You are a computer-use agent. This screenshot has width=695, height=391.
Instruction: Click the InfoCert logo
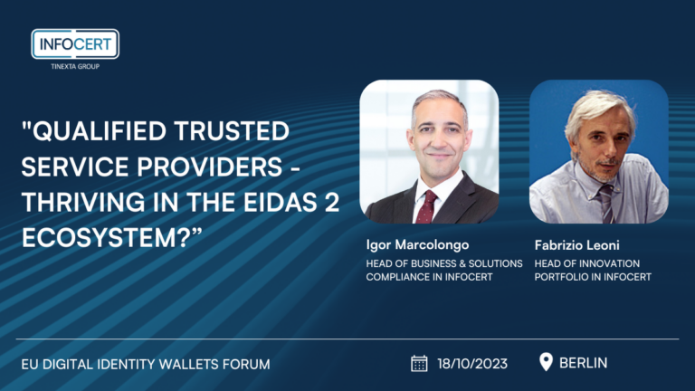tap(75, 43)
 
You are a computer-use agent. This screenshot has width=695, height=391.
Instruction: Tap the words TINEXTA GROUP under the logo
tap(75, 66)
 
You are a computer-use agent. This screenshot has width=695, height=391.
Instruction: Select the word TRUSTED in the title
tap(232, 131)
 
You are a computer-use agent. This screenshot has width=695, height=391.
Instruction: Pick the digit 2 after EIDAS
tap(331, 202)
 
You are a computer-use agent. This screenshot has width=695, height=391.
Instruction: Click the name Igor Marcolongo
tap(417, 244)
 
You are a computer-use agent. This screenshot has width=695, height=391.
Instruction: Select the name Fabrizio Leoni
tap(576, 244)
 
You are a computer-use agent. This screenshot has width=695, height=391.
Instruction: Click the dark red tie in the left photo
tap(426, 206)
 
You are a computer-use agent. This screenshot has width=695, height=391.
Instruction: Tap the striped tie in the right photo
tap(605, 203)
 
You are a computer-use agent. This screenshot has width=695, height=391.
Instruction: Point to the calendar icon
tap(419, 363)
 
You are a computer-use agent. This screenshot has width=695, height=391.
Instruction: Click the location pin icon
tap(546, 362)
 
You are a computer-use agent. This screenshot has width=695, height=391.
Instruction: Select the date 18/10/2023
tap(472, 364)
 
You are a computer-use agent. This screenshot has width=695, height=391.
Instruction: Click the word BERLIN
tap(583, 363)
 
